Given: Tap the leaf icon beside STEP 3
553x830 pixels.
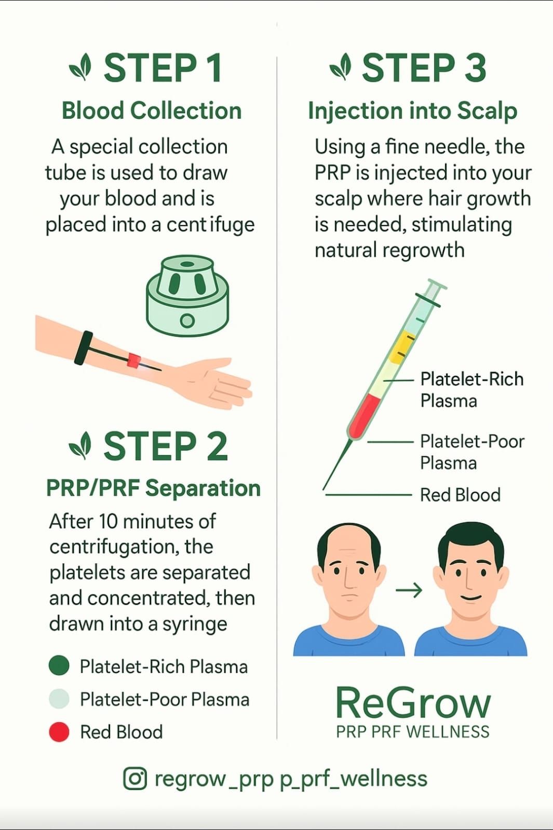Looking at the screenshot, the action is [x=341, y=67].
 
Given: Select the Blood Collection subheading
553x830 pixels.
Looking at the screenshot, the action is [x=152, y=111].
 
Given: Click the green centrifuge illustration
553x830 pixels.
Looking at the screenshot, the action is [x=187, y=295].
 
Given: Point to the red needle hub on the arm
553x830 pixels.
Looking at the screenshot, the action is [x=134, y=360].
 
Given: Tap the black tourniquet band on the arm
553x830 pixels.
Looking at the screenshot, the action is [x=84, y=348].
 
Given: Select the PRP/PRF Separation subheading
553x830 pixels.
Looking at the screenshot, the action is [x=154, y=488].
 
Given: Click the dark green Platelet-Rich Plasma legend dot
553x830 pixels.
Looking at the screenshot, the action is [x=59, y=665].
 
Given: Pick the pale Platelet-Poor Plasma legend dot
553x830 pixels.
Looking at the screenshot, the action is [x=59, y=698].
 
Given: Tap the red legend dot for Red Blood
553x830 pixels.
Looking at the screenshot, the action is [x=59, y=732].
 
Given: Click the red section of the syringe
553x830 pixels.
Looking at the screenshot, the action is [x=363, y=415].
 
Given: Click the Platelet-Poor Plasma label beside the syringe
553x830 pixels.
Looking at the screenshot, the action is [x=472, y=452].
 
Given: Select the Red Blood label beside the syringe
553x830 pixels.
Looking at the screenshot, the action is [x=460, y=495].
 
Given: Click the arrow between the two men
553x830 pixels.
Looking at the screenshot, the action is [x=409, y=590].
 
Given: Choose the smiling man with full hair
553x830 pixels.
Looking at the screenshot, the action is [x=470, y=589].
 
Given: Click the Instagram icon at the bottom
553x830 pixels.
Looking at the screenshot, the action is [x=134, y=778].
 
